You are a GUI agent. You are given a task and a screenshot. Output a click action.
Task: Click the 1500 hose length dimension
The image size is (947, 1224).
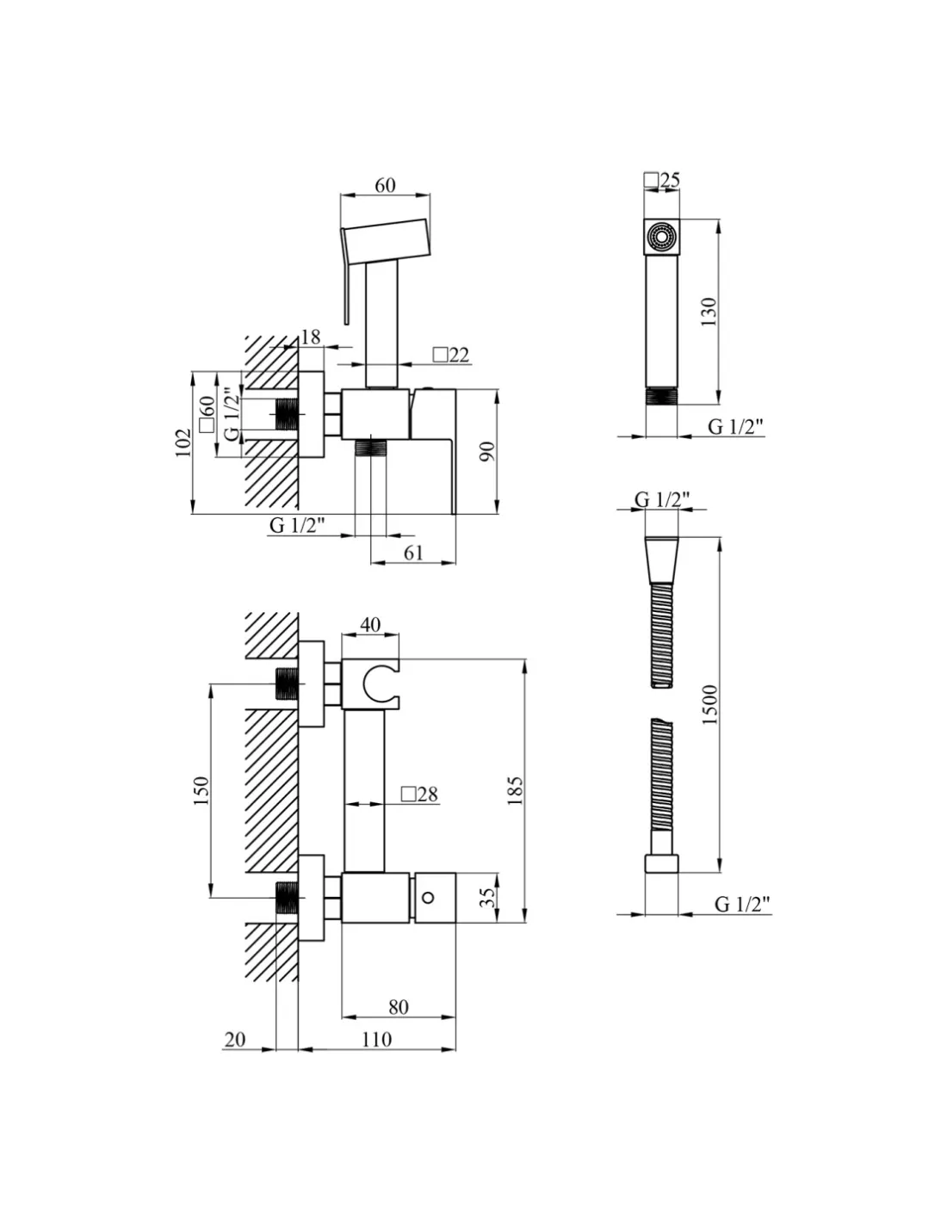coord(710,704)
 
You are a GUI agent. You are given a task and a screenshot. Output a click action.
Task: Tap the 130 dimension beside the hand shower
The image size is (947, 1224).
coord(708,312)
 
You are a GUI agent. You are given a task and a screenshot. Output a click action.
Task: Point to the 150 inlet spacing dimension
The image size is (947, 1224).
coord(201,790)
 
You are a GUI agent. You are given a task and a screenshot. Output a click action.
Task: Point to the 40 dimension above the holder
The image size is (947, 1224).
coord(370,624)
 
